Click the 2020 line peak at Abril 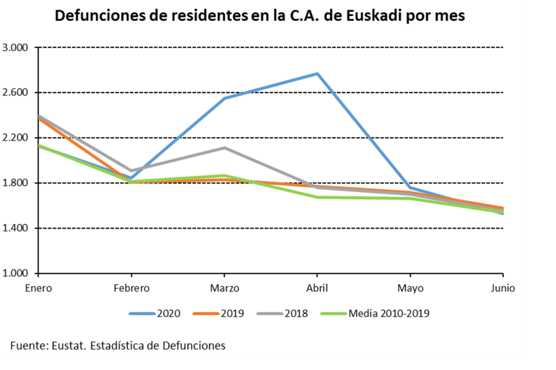[x=318, y=74]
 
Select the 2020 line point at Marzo [x=224, y=98]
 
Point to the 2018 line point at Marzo [x=224, y=147]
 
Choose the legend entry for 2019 [x=223, y=313]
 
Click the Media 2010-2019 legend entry [x=378, y=313]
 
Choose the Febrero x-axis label [x=131, y=287]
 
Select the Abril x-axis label [x=318, y=287]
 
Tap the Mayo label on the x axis [x=411, y=287]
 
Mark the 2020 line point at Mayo [x=411, y=188]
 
